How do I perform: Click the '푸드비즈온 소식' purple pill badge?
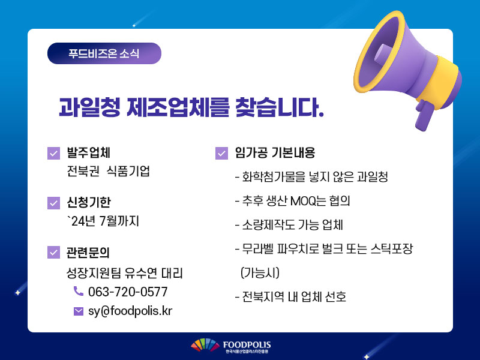104,53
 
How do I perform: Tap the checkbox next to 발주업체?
53,154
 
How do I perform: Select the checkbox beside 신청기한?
53,203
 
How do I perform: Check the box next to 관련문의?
53,252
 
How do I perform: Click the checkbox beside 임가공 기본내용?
221,154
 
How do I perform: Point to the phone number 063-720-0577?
128,292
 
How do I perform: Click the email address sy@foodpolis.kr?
130,311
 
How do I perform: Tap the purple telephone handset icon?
79,291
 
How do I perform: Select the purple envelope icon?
79,311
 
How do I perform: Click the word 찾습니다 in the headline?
280,107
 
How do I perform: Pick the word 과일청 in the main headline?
89,107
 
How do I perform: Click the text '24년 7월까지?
103,221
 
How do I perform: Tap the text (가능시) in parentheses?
260,272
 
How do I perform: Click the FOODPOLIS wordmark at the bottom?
247,344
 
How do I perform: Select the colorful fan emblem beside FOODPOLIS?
205,345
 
